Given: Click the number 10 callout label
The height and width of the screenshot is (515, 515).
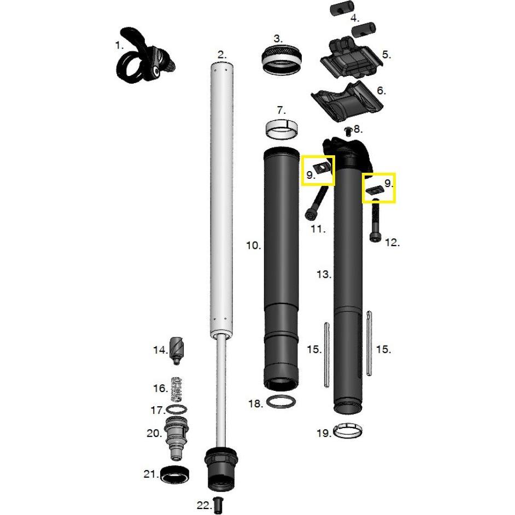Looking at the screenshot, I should (x=253, y=245).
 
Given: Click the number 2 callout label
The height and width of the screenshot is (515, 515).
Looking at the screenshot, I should (x=221, y=55).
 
